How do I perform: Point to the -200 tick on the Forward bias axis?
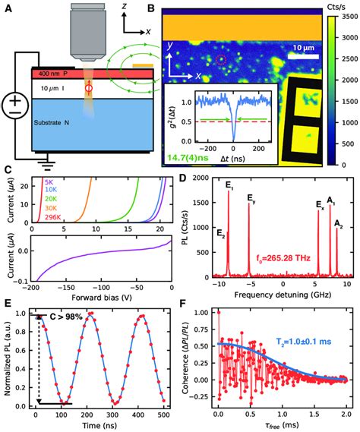coord(32,310)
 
